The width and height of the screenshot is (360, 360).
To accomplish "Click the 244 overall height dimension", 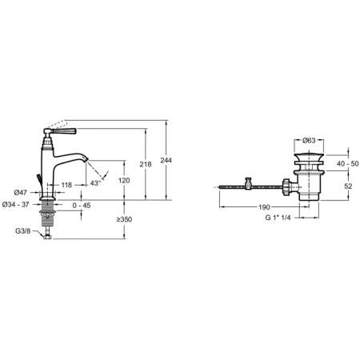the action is pos(166,160).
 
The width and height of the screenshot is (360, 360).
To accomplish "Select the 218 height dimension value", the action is pos(146,164).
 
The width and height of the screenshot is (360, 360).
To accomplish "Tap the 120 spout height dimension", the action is pos(124,181).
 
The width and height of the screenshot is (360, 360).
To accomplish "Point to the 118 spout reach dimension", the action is pos(66,185).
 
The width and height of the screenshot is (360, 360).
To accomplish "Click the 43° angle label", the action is pos(95,183).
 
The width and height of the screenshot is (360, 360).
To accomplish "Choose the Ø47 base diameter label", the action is pos(21,192).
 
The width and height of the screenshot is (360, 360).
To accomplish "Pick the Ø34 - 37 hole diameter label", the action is pos(15,205).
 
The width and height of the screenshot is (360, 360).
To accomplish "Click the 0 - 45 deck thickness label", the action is pos(82,206).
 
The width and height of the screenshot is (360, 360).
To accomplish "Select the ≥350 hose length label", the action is pos(124,219).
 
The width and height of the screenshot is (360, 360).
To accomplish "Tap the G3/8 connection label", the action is pos(22,231).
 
